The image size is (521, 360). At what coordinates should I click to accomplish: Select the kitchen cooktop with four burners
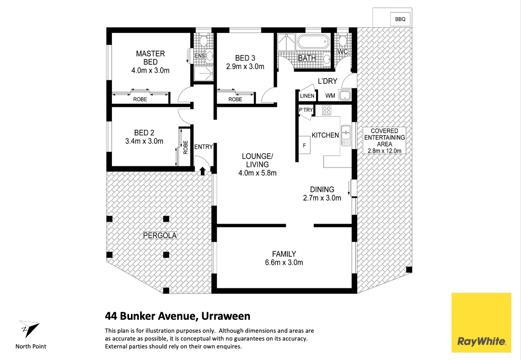pyautogui.click(x=327, y=110)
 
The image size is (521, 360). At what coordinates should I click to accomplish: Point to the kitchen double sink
pyautogui.click(x=346, y=135)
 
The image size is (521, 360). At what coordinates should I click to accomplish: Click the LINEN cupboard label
pyautogui.click(x=307, y=96)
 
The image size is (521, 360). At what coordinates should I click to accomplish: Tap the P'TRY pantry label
pyautogui.click(x=306, y=110)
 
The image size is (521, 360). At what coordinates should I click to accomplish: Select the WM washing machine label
pyautogui.click(x=330, y=96)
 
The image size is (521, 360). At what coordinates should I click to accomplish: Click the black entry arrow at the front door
pyautogui.click(x=202, y=171)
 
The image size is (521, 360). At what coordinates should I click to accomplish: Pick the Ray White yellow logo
pyautogui.click(x=481, y=323)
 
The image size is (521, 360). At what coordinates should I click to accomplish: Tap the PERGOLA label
pyautogui.click(x=160, y=235)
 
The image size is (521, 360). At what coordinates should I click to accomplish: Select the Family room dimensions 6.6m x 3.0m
pyautogui.click(x=284, y=263)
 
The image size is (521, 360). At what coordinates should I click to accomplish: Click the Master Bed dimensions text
pyautogui.click(x=150, y=70)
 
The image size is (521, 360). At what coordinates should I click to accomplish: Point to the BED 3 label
pyautogui.click(x=245, y=58)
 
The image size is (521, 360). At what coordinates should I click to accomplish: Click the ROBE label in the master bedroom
pyautogui.click(x=140, y=99)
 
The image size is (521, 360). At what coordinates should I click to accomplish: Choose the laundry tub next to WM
pyautogui.click(x=344, y=96)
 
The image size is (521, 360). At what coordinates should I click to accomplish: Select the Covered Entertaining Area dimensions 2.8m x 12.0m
pyautogui.click(x=384, y=150)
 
